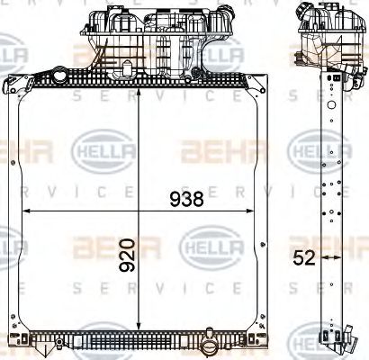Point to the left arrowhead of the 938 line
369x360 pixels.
pyautogui.click(x=25, y=211)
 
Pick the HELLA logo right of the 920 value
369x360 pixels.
pyautogui.click(x=209, y=243)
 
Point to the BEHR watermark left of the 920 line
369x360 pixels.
pyautogui.click(x=102, y=245)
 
